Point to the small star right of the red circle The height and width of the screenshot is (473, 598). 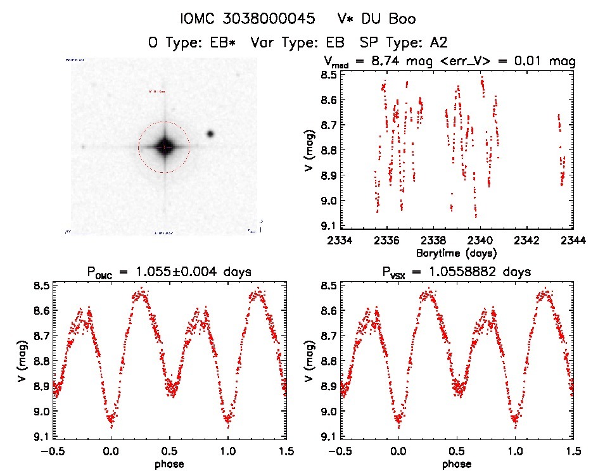[x=210, y=134]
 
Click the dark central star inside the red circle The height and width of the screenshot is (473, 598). [x=164, y=146]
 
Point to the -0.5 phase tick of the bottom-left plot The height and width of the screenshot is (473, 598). [x=52, y=451]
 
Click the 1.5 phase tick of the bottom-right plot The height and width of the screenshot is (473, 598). [x=573, y=451]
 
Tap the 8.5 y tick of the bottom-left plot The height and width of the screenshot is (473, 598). [x=42, y=286]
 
